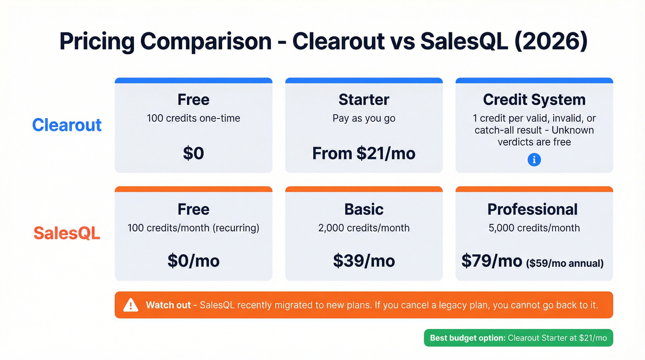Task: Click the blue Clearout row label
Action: pyautogui.click(x=67, y=125)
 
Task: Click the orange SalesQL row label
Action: pyautogui.click(x=67, y=233)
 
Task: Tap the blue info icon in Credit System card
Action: pyautogui.click(x=534, y=159)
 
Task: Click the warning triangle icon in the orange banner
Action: pyautogui.click(x=131, y=305)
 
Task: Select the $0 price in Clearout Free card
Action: pyautogui.click(x=193, y=153)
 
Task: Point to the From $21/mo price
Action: pyautogui.click(x=364, y=153)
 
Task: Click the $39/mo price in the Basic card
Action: pyautogui.click(x=364, y=261)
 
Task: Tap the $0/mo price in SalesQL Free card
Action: pyautogui.click(x=193, y=261)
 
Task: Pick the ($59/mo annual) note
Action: pyautogui.click(x=565, y=263)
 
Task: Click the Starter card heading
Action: pyautogui.click(x=364, y=100)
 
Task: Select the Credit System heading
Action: pyautogui.click(x=534, y=100)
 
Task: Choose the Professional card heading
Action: pyautogui.click(x=533, y=209)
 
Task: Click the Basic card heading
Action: pyautogui.click(x=364, y=209)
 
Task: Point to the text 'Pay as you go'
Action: pyautogui.click(x=364, y=118)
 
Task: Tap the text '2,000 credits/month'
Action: pyautogui.click(x=364, y=228)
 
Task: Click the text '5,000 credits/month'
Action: pyautogui.click(x=534, y=228)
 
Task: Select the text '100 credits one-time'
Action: pyautogui.click(x=193, y=118)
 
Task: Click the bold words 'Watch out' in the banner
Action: pyautogui.click(x=168, y=305)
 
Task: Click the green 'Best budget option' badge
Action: pyautogui.click(x=518, y=338)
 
